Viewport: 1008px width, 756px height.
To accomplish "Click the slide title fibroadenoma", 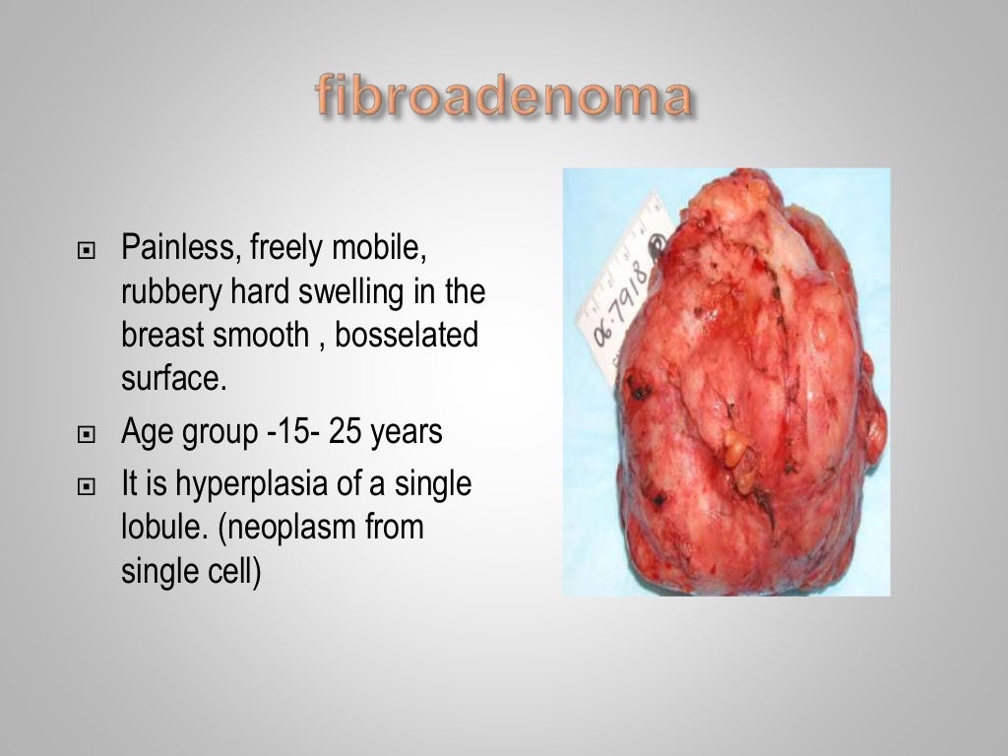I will point(503,97).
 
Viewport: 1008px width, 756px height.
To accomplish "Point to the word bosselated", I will point(407,335).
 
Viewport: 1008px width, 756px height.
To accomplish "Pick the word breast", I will point(162,335).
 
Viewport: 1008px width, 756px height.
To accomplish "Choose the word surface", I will point(173,379).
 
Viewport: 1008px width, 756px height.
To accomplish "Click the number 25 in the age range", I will point(346,431).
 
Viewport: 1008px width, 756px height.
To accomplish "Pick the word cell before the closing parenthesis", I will point(233,571).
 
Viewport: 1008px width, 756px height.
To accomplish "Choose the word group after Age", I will point(220,433).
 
